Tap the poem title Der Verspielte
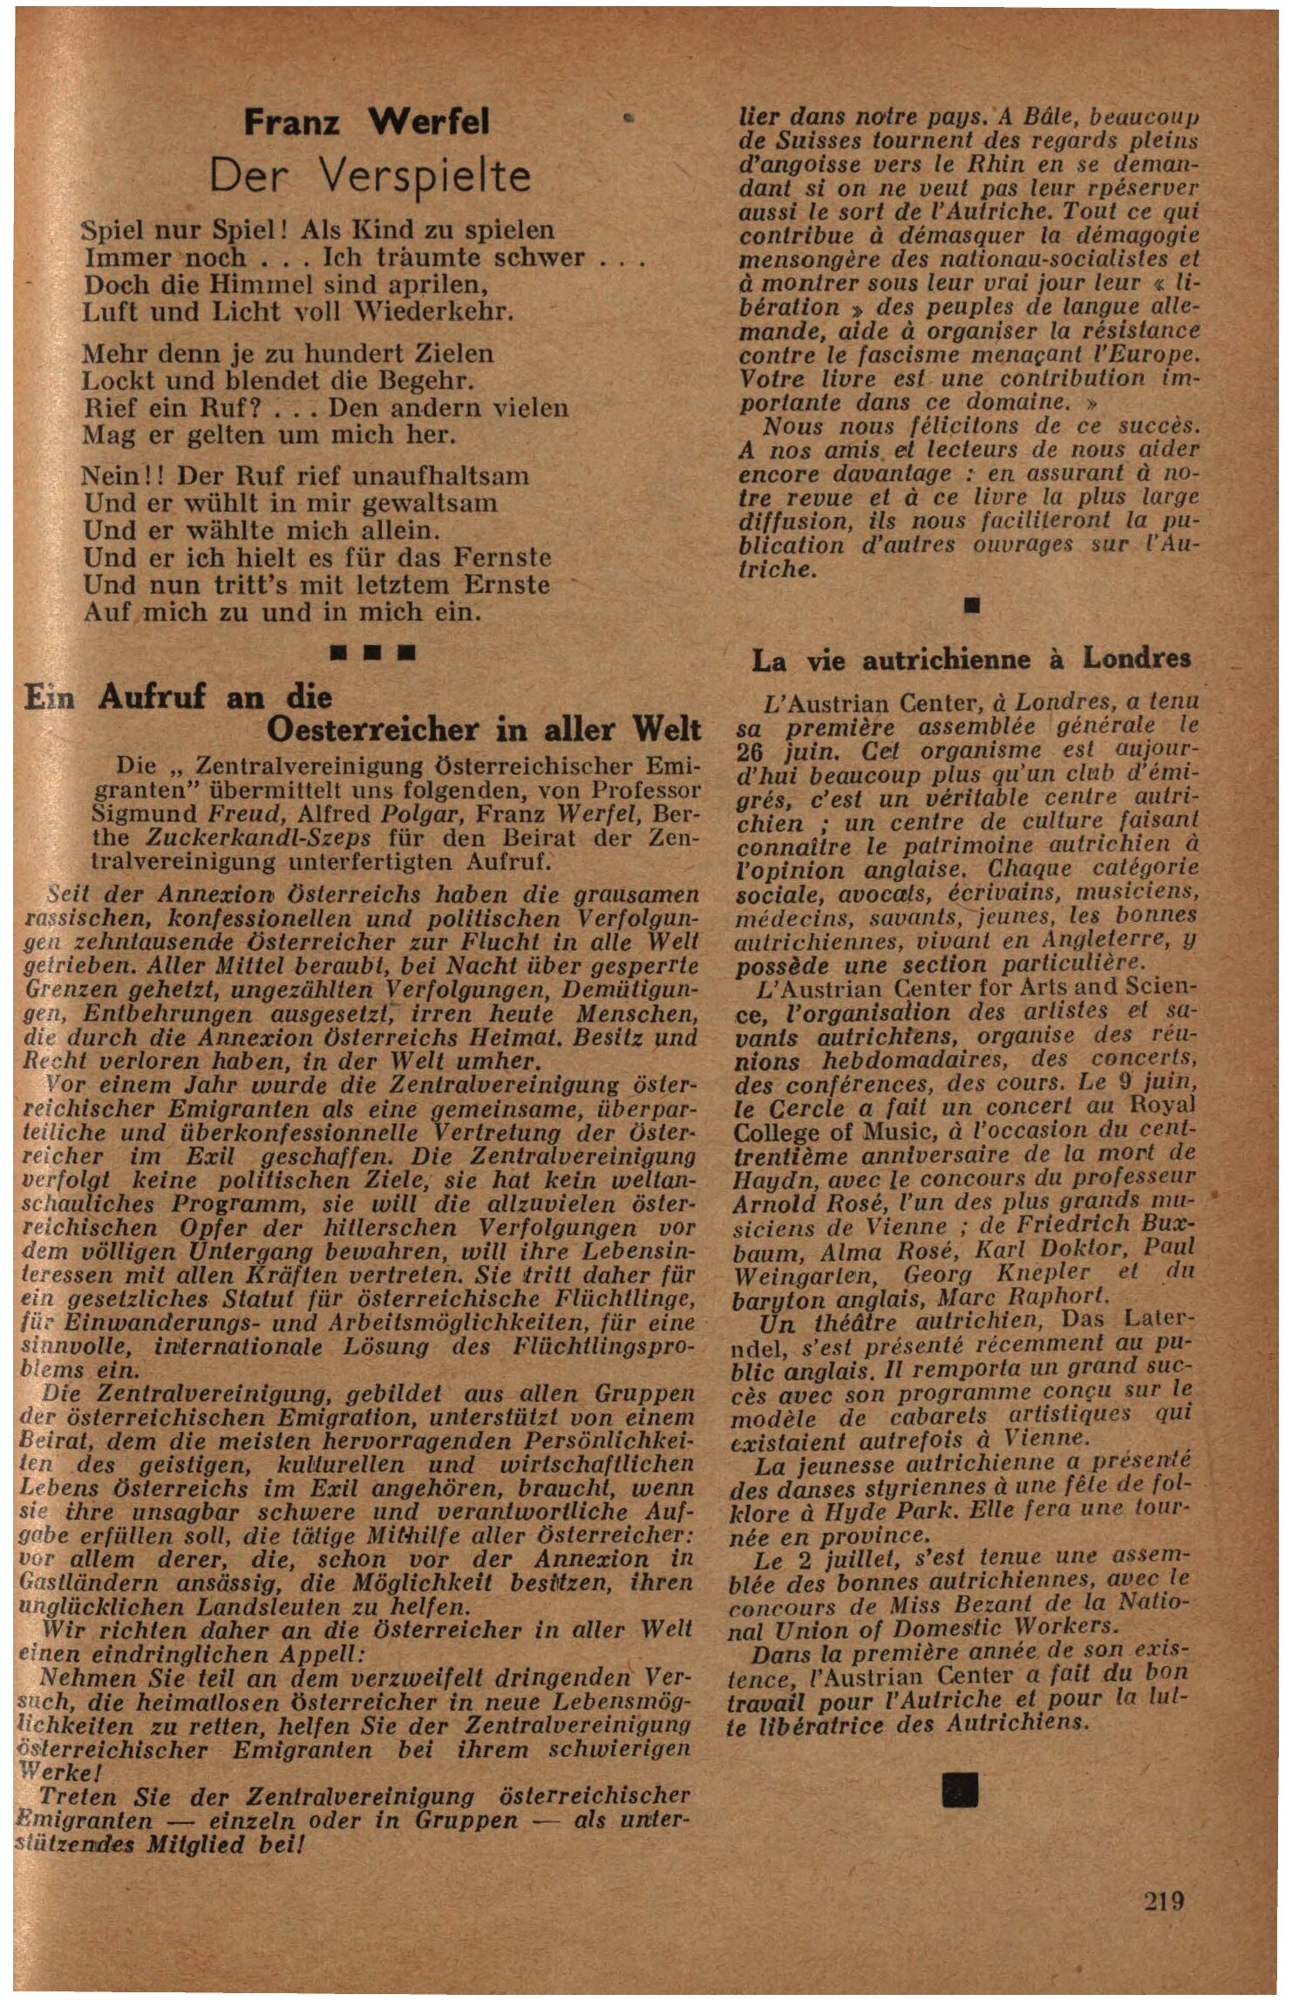coord(370,177)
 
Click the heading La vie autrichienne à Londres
coord(971,659)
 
